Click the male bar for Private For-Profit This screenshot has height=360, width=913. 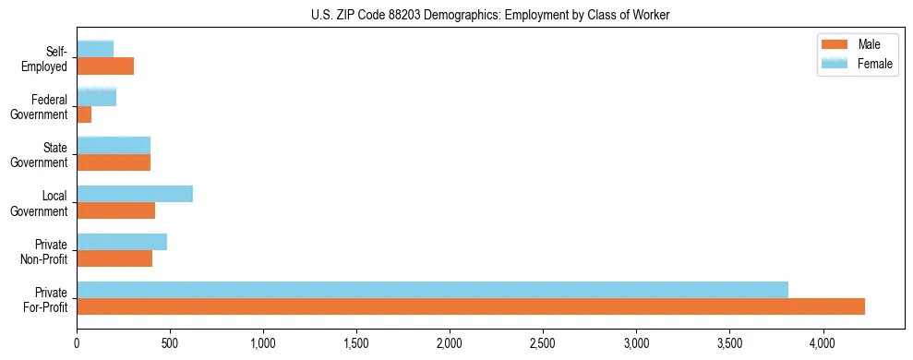(x=471, y=306)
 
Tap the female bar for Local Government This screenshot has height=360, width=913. (x=135, y=194)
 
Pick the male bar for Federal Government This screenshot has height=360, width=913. (x=84, y=114)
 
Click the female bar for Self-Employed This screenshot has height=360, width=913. (x=95, y=49)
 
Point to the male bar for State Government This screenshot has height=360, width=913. (x=114, y=162)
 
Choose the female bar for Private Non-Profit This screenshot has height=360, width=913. (x=122, y=242)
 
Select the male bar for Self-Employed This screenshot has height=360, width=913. (x=105, y=66)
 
